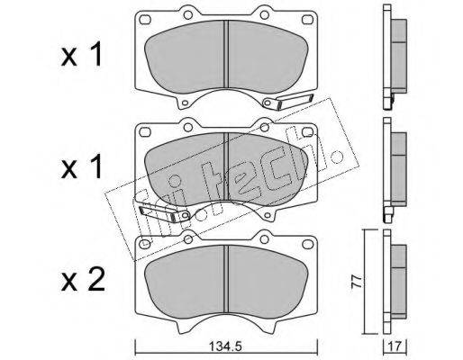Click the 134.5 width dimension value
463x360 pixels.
point(225,347)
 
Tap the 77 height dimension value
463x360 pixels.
point(358,282)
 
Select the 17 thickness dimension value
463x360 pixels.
point(395,347)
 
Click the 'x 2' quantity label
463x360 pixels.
point(83,280)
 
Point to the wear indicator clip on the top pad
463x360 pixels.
point(287,102)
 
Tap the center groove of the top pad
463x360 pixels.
point(226,56)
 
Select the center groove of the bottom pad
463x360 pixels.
point(226,280)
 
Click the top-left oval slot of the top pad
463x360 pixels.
point(145,20)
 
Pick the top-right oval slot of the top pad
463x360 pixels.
point(307,20)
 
